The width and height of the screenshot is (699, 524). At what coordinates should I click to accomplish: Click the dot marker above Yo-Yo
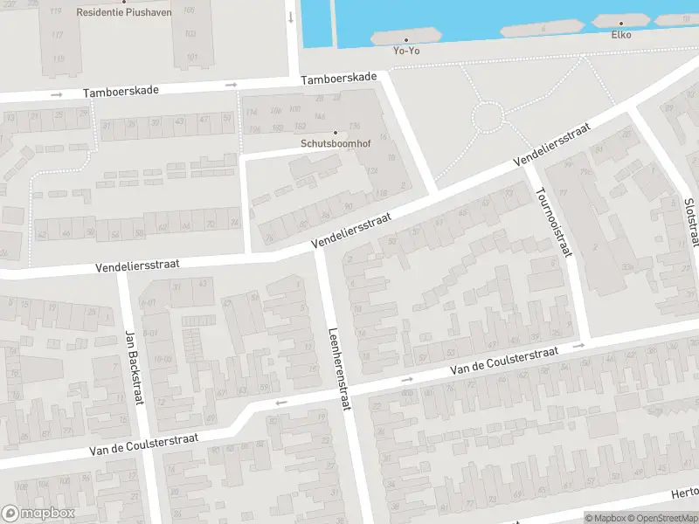pos(405,39)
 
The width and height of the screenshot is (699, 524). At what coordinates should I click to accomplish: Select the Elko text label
pos(621,35)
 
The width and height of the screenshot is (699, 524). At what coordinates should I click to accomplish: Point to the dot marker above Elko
pos(621,24)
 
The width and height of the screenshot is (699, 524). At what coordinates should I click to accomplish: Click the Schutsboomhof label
pos(335,144)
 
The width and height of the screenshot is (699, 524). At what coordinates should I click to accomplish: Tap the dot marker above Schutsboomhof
pos(335,133)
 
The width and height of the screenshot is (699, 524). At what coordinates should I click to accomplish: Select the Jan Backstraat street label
pos(133,367)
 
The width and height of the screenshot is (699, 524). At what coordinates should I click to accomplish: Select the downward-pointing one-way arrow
pos(290,17)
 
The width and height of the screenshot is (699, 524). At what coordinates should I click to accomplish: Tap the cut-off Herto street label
pos(684,493)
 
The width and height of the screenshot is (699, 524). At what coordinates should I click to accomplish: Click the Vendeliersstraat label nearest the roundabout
pos(551,145)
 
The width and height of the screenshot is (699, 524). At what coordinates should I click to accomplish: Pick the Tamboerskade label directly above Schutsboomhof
pos(339,79)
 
